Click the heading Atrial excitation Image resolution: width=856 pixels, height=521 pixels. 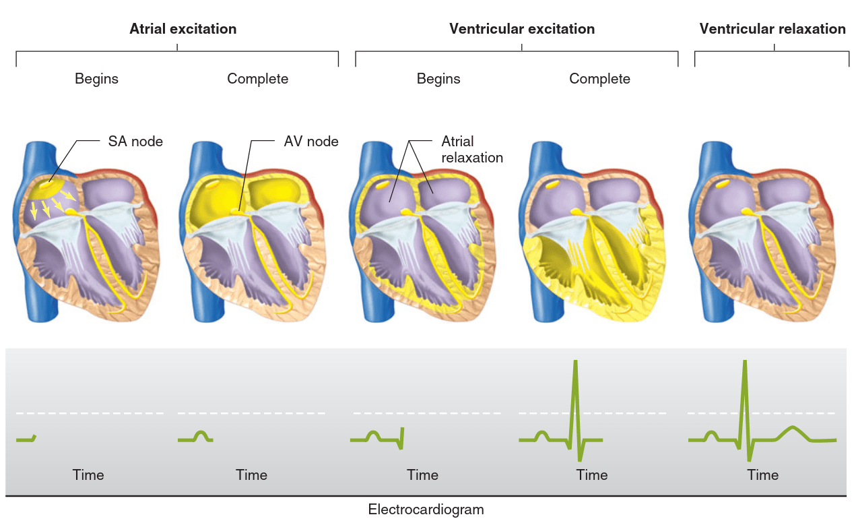click(x=183, y=29)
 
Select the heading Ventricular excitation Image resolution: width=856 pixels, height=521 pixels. click(x=522, y=29)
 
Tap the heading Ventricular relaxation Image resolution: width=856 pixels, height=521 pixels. click(x=772, y=29)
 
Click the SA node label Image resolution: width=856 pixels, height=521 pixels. click(x=135, y=142)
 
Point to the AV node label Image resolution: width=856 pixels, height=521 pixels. click(x=311, y=142)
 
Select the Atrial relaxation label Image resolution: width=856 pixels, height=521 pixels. click(x=472, y=150)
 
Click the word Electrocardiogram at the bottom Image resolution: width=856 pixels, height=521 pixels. click(x=426, y=510)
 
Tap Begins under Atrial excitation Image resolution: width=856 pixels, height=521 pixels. click(x=96, y=79)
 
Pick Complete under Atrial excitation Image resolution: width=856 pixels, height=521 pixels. click(x=257, y=79)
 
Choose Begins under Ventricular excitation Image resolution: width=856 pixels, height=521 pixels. click(x=438, y=79)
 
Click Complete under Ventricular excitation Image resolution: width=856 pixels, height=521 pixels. click(x=599, y=79)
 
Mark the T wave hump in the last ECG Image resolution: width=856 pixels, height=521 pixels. click(x=793, y=428)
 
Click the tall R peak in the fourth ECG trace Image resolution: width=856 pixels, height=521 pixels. click(x=574, y=364)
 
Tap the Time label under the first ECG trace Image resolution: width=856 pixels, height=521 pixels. click(x=88, y=475)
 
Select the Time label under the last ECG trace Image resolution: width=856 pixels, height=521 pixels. click(x=762, y=475)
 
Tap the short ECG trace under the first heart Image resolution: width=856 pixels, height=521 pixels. click(x=26, y=439)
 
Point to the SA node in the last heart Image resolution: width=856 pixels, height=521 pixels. click(x=723, y=183)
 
